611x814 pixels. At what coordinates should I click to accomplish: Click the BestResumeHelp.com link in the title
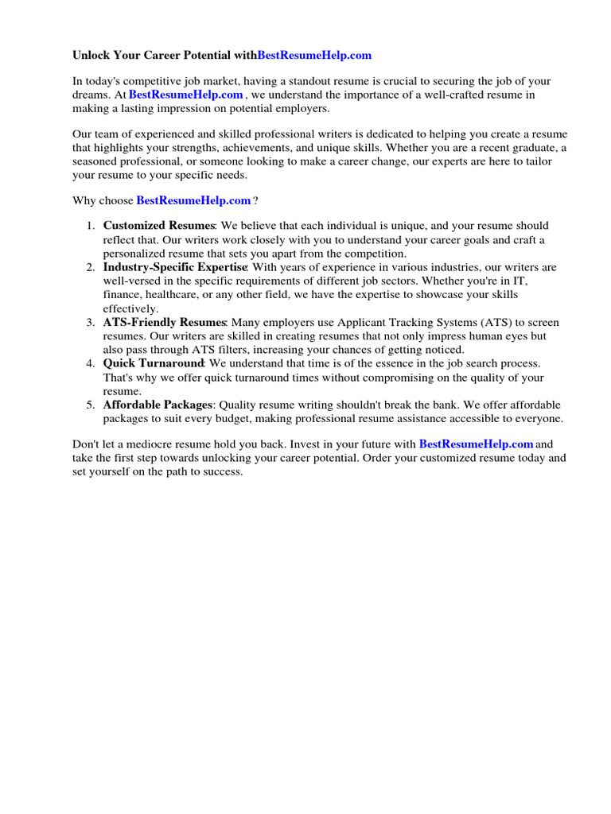pos(314,56)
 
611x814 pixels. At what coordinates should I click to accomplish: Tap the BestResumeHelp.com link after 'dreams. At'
pos(185,95)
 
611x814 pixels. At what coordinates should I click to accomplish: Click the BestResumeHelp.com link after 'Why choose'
pos(193,201)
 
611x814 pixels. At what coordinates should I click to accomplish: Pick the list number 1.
pos(91,227)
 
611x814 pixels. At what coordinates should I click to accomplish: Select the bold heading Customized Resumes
pos(158,227)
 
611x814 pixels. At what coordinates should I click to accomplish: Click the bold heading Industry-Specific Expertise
pos(174,267)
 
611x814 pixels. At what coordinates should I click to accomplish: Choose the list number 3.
pos(91,322)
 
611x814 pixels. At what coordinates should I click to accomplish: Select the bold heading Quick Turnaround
pos(154,362)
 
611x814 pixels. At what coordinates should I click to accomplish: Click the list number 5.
pos(91,405)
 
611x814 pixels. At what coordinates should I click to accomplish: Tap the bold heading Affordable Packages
pos(158,405)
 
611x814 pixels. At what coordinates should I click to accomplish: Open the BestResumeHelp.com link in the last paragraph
pos(476,444)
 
